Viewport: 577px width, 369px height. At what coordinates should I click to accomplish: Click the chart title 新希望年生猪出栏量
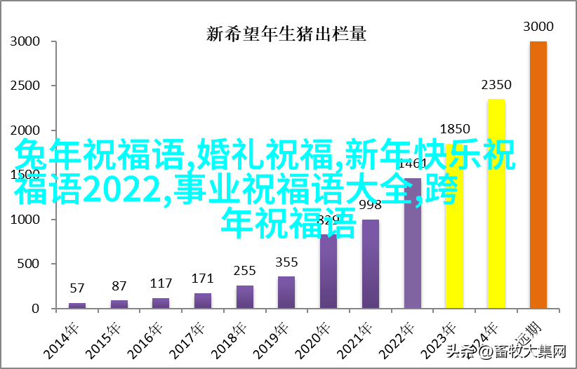click(x=288, y=33)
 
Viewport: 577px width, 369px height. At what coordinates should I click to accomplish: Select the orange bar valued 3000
click(x=538, y=175)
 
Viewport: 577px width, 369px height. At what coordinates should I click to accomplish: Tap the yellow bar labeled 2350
click(x=496, y=203)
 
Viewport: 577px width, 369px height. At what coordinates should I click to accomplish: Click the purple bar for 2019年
click(x=286, y=292)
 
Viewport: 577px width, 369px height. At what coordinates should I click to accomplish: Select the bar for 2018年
click(x=244, y=297)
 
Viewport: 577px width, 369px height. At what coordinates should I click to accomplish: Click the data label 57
click(x=77, y=288)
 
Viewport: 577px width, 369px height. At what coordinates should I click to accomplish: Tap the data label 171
click(x=202, y=278)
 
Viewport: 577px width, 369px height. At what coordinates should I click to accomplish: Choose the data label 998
click(x=370, y=205)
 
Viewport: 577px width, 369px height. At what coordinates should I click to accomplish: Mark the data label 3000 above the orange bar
click(x=538, y=27)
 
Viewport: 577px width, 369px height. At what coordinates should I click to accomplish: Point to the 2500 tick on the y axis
click(x=25, y=86)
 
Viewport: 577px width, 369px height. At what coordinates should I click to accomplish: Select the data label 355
click(x=286, y=262)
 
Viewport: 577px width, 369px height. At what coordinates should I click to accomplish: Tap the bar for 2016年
click(x=161, y=303)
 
